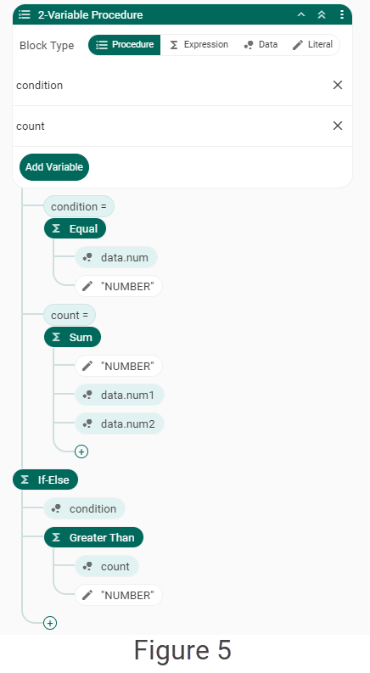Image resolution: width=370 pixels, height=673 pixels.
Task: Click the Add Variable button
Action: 54,167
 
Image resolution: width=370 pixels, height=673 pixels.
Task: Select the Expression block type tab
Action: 199,45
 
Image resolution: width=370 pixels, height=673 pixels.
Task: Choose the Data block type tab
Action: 261,45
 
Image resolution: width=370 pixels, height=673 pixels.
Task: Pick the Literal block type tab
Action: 312,45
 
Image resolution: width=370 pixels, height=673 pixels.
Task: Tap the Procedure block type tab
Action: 125,45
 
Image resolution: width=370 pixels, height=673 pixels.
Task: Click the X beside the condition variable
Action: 338,85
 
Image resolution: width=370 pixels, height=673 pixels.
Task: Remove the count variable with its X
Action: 338,126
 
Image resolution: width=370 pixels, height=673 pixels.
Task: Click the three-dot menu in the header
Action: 342,14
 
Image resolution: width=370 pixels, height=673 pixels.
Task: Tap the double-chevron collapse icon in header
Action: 322,14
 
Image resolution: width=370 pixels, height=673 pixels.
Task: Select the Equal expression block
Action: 76,229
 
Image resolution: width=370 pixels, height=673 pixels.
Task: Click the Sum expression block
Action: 72,338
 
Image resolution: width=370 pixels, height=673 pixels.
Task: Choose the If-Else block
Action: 46,480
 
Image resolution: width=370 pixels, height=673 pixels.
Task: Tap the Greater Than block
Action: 93,537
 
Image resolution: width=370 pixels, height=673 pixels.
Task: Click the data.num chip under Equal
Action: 116,257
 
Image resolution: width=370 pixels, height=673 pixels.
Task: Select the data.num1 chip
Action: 120,395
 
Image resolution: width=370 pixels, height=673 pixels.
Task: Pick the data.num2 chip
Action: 120,423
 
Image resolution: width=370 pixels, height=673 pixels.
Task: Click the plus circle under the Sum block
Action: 81,451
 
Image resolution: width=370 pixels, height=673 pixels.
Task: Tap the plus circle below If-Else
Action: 50,623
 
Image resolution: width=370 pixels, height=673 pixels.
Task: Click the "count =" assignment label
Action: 70,316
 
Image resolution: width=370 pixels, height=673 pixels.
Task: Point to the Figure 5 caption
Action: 182,650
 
